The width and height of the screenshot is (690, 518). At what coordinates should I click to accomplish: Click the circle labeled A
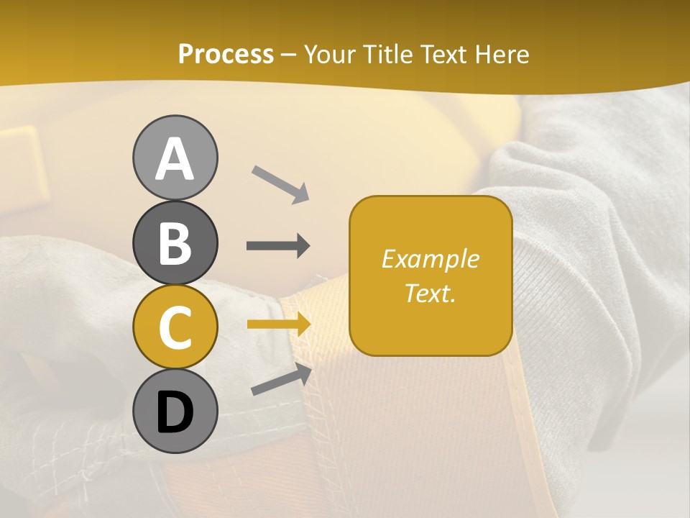coord(175,158)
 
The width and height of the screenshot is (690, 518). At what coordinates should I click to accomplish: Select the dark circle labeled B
coord(175,242)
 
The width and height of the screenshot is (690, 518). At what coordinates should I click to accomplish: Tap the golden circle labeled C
coord(175,327)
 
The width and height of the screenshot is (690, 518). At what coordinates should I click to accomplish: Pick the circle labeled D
coord(175,412)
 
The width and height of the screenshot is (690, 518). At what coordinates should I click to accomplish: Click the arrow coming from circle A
coord(281,184)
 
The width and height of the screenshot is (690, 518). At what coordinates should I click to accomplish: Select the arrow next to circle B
coord(278,246)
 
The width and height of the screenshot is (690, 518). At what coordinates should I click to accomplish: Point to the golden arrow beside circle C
coord(279,324)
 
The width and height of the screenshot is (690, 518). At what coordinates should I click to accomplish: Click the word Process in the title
coord(226,54)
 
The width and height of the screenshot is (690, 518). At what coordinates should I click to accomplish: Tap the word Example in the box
coord(430,259)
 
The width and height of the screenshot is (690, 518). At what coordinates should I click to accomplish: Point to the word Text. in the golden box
coord(430,294)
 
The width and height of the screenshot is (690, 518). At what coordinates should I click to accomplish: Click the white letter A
coord(175,159)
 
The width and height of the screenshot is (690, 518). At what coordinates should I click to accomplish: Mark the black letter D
coord(175,412)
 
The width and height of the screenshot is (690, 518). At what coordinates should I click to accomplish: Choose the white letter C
coord(175,328)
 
